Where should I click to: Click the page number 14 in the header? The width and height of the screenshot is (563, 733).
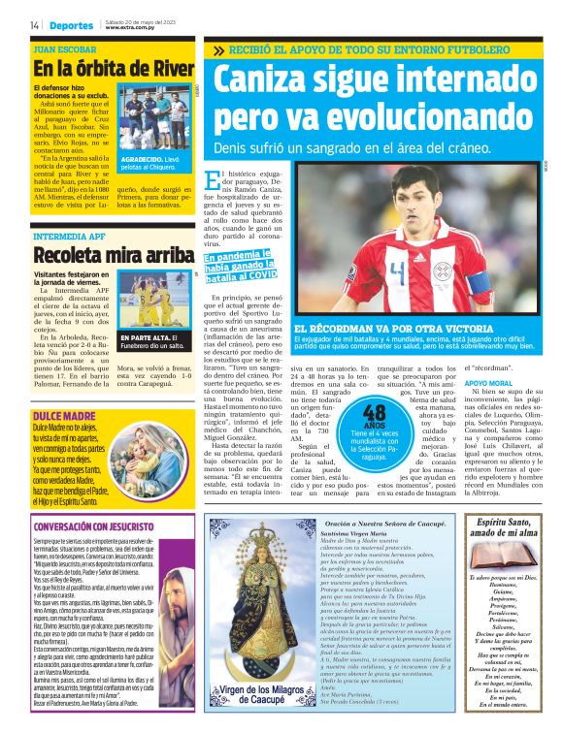click(34, 24)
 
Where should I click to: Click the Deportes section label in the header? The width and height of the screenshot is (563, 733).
click(71, 24)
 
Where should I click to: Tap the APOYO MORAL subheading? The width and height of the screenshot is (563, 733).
click(492, 384)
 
